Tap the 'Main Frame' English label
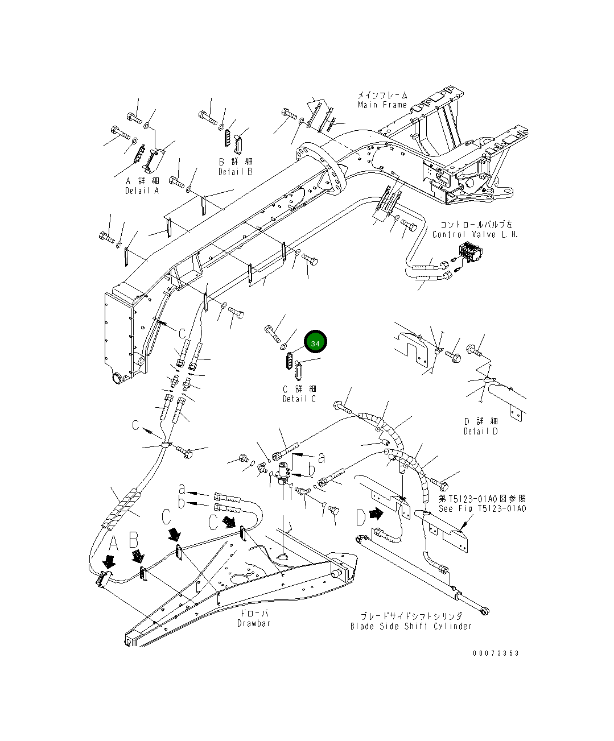[x=382, y=105]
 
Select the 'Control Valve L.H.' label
[x=475, y=234]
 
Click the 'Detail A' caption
[x=142, y=191]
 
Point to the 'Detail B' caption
[x=236, y=172]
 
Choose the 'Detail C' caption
[x=299, y=399]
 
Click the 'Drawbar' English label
[x=254, y=623]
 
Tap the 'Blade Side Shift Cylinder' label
[x=411, y=626]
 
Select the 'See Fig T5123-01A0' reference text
[x=482, y=508]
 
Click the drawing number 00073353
[x=496, y=653]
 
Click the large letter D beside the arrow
[x=361, y=518]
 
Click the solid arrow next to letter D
[x=376, y=513]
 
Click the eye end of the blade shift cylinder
[x=485, y=612]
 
